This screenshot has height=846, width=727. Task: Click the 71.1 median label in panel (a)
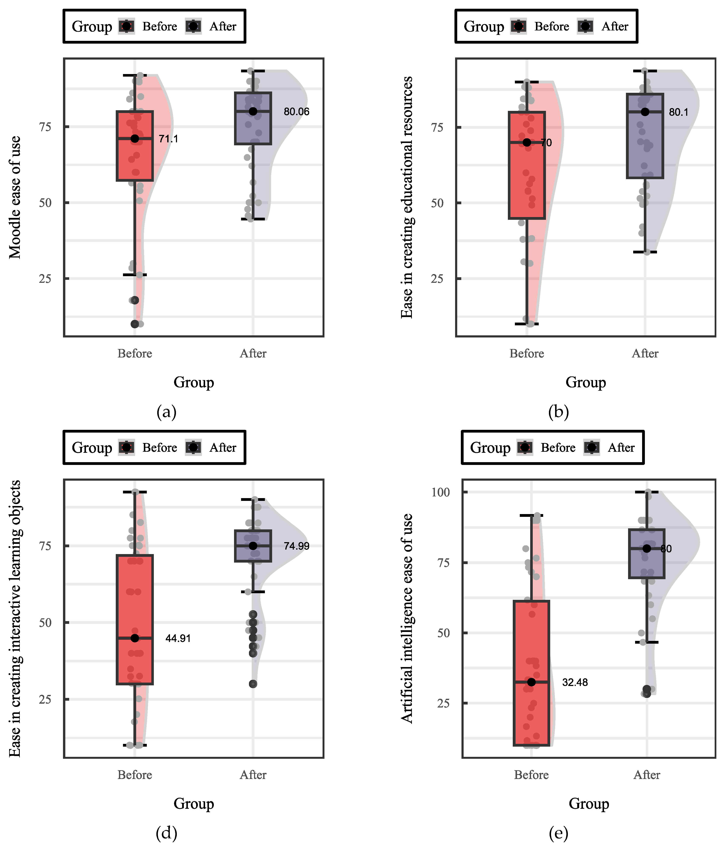168,139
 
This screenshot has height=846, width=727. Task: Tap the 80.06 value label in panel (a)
296,111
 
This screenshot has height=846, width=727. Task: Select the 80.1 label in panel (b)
678,112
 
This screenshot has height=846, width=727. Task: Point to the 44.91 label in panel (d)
178,638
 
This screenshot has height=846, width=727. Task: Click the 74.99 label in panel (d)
296,546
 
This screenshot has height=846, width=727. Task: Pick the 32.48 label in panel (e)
575,682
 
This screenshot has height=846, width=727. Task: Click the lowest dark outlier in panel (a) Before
135,324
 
